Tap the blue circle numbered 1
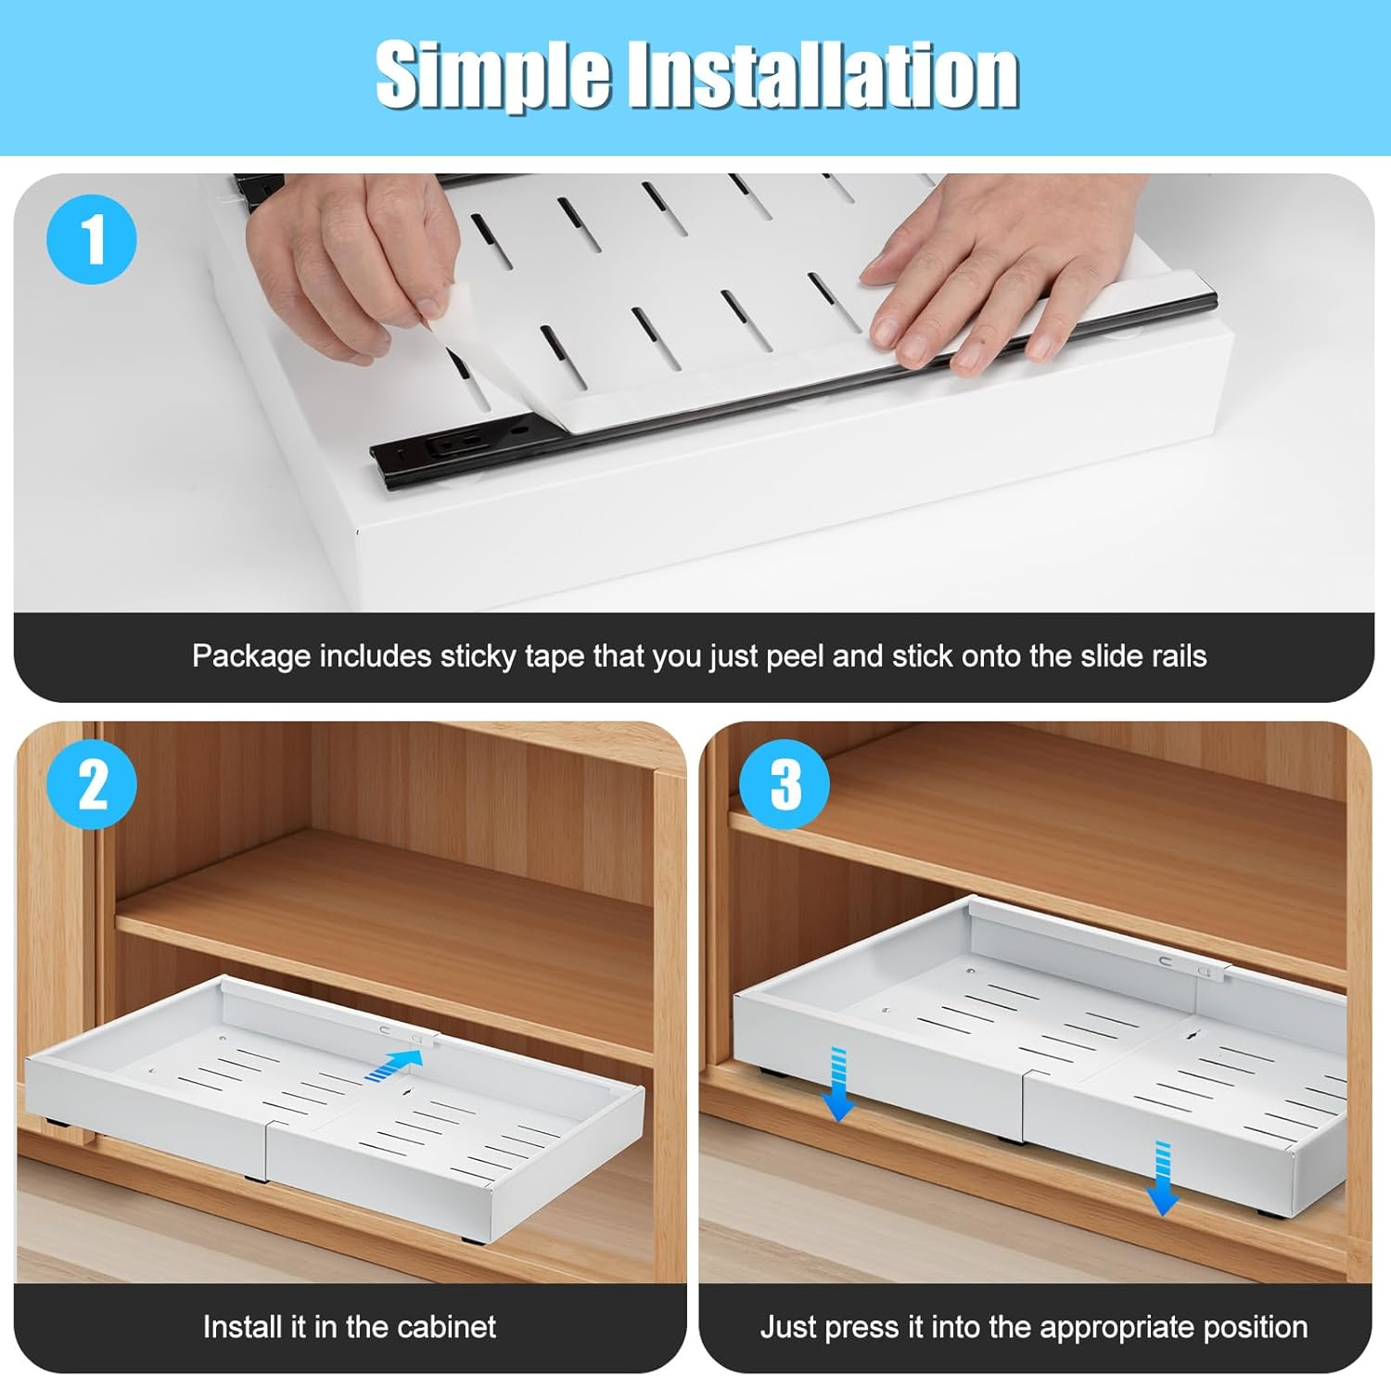(92, 240)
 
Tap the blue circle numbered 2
(92, 784)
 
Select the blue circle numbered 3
(785, 784)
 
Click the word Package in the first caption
(250, 656)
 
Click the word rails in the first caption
(1178, 656)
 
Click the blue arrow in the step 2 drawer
(390, 1064)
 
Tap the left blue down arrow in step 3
(837, 1085)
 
